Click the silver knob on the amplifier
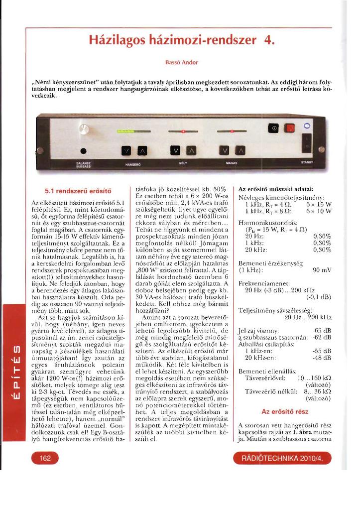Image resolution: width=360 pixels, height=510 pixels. point(83,131)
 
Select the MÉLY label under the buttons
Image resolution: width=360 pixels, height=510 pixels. point(182,163)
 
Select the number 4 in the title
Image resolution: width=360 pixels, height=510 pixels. point(270,39)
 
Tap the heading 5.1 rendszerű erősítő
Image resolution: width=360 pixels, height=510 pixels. point(78,190)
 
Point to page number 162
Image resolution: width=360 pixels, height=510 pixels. point(45,458)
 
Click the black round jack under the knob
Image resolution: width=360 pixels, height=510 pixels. point(84,150)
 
